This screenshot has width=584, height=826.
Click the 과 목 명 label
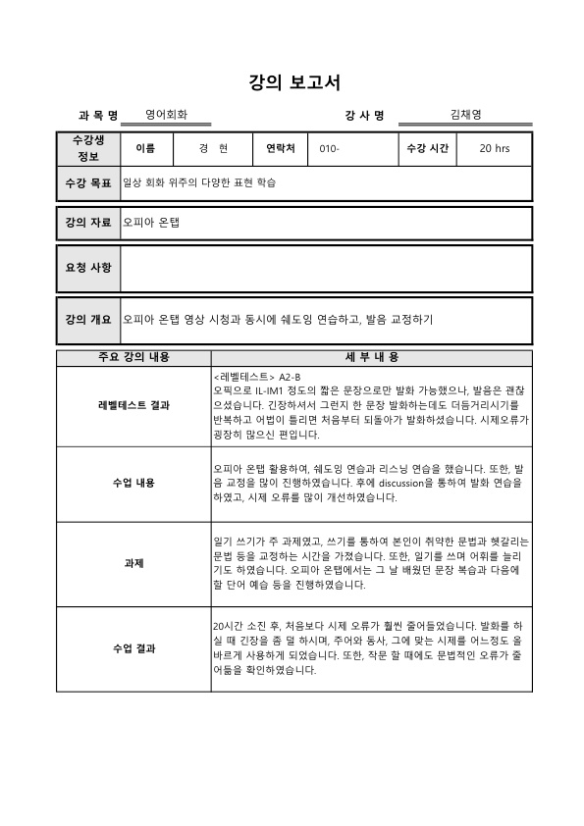pyautogui.click(x=98, y=116)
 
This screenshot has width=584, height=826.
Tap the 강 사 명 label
pyautogui.click(x=365, y=116)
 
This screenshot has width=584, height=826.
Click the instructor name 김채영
pyautogui.click(x=465, y=115)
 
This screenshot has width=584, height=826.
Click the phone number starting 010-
pyautogui.click(x=329, y=149)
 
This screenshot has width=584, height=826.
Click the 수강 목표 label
pyautogui.click(x=88, y=182)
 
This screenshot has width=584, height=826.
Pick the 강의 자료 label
pyautogui.click(x=88, y=223)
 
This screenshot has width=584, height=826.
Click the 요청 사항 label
pyautogui.click(x=88, y=268)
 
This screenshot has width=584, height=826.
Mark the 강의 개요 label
pyautogui.click(x=88, y=320)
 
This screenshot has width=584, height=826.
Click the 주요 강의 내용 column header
pyautogui.click(x=133, y=357)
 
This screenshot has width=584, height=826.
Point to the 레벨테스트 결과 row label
pyautogui.click(x=133, y=406)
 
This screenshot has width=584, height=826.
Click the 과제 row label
pyautogui.click(x=133, y=563)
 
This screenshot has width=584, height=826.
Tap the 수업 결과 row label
pyautogui.click(x=133, y=648)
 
